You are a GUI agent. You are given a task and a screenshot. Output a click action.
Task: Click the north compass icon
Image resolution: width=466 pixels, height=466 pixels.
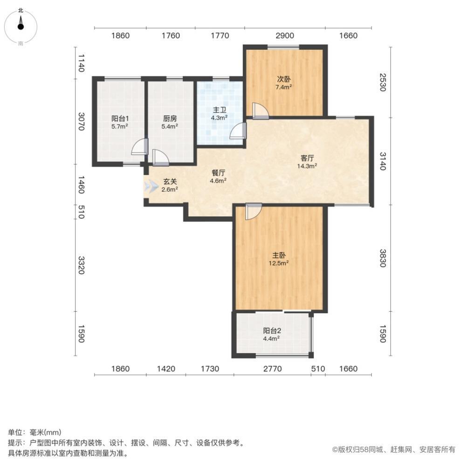pos(21,27)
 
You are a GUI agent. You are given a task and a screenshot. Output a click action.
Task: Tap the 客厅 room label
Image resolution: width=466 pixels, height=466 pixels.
pos(307,158)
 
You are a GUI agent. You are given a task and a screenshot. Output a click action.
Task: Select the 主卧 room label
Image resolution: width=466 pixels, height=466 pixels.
pos(279,255)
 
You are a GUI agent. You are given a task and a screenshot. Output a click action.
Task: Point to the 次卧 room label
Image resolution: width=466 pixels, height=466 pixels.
pos(284,79)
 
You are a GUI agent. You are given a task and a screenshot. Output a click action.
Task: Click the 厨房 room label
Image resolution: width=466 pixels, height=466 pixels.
pos(170,119)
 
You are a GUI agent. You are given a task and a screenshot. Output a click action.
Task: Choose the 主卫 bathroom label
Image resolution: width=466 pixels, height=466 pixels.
pos(219,110)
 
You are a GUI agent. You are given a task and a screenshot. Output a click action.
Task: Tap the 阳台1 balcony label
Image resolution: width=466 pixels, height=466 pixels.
pos(120,119)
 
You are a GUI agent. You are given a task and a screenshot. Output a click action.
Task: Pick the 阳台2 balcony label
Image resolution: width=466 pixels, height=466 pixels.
pos(272,331)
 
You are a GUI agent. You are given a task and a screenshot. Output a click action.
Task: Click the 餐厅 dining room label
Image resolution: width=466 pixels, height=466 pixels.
pos(219,173)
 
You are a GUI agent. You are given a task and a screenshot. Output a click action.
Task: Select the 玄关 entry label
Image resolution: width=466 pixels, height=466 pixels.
pos(170,182)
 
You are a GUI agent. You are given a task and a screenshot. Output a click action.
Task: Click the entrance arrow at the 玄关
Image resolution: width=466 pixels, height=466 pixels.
pos(151,186)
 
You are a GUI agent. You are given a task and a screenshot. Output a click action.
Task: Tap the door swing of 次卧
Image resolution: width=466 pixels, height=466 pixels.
pos(260,111)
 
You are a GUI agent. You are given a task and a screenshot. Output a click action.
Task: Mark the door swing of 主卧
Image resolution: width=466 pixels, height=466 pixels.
pos(254,212)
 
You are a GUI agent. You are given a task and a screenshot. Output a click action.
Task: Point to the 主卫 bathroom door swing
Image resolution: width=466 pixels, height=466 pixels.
pos(238,131)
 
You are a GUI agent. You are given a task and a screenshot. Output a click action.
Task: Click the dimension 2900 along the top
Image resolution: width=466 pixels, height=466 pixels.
pos(285,36)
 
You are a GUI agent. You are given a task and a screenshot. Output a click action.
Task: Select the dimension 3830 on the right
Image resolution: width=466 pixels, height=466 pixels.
pos(383,258)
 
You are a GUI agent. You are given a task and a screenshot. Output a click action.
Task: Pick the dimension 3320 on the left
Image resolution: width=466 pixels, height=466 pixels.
pos(81,265)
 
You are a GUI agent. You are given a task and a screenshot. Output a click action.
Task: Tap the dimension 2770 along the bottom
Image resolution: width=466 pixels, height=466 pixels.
pos(273,369)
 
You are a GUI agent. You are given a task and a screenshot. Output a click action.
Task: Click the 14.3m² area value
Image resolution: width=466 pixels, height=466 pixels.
pos(307,166)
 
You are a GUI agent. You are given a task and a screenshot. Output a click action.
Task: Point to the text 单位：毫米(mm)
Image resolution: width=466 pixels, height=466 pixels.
pos(34,432)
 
